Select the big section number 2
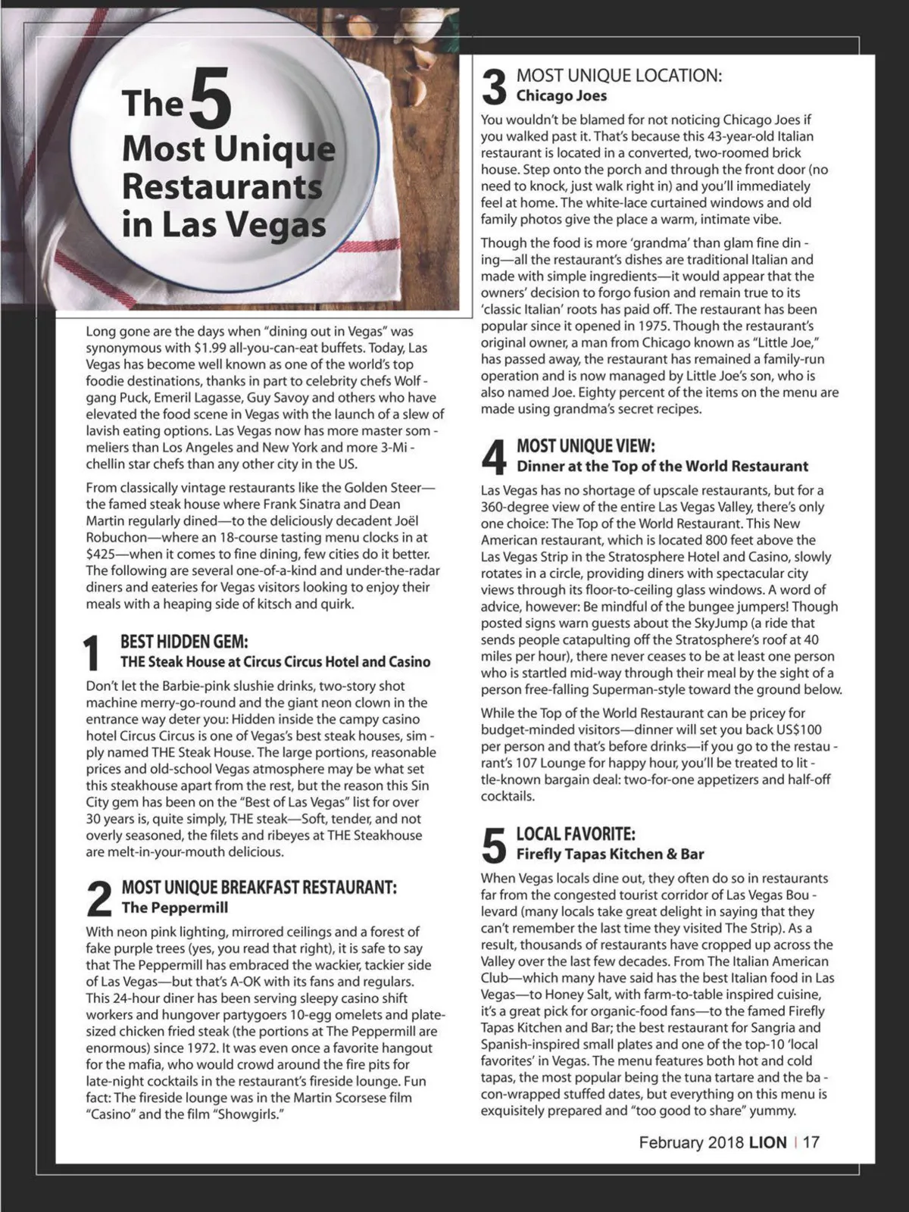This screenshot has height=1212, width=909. [x=99, y=898]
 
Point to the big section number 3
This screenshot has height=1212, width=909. [x=494, y=86]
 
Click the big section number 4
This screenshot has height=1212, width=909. [x=494, y=457]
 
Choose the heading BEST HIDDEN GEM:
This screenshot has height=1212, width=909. [x=184, y=642]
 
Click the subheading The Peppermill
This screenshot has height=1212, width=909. [x=174, y=907]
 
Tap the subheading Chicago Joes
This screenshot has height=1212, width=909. [x=561, y=96]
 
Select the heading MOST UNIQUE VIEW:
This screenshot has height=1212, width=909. [x=586, y=446]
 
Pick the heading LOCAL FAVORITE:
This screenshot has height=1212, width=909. [x=576, y=834]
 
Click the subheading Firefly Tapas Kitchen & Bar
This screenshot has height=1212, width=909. [x=610, y=854]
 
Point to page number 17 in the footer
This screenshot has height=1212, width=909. [x=811, y=1142]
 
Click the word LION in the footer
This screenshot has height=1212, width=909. [x=767, y=1142]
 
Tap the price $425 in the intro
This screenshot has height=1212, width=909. [x=102, y=554]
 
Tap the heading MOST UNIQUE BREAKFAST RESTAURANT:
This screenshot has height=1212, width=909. [x=259, y=887]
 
